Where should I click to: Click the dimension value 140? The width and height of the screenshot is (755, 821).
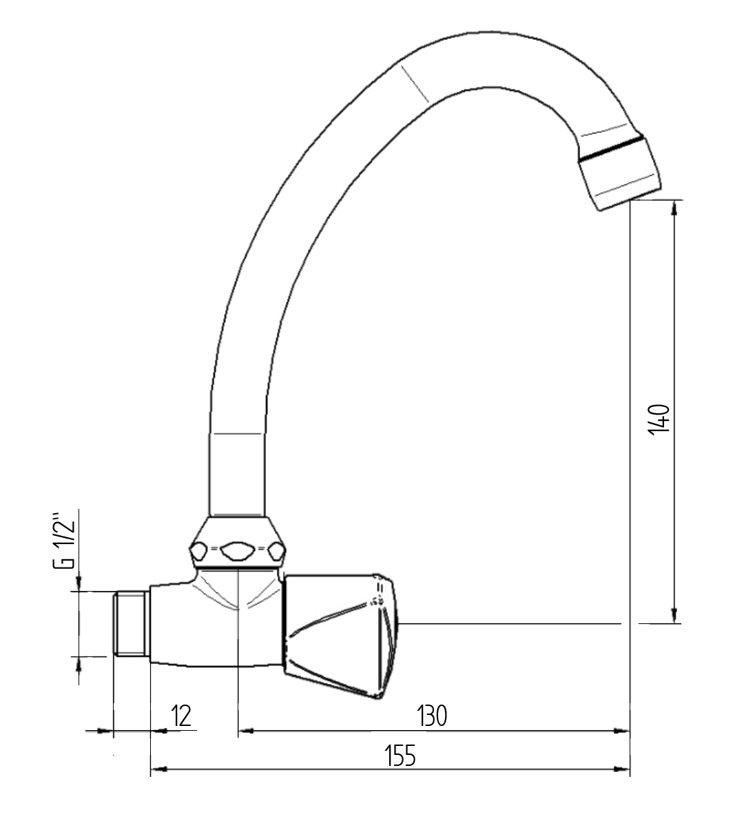659,417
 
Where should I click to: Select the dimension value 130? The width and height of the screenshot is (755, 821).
433,716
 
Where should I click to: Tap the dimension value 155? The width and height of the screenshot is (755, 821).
400,756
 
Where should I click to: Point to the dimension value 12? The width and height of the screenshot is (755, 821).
181,716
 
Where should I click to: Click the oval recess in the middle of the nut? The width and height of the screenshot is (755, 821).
236,550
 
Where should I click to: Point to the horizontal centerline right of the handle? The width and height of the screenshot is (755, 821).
510,624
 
